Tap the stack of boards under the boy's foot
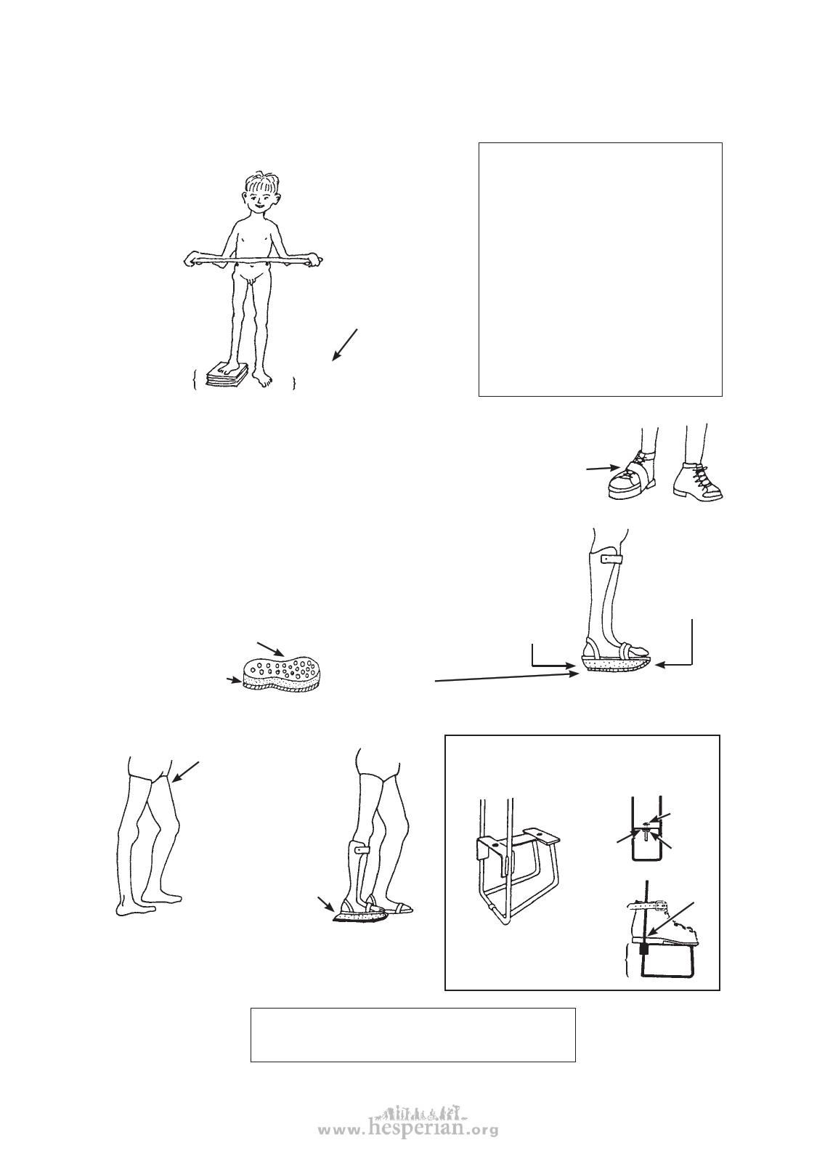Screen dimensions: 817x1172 point(227,375)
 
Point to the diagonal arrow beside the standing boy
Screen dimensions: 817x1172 point(345,345)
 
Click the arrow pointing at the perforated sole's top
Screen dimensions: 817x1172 point(270,648)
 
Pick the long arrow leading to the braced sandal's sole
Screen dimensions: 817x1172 point(507,678)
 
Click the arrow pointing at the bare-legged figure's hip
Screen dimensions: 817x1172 point(185,772)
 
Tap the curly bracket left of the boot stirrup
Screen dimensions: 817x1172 point(627,960)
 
